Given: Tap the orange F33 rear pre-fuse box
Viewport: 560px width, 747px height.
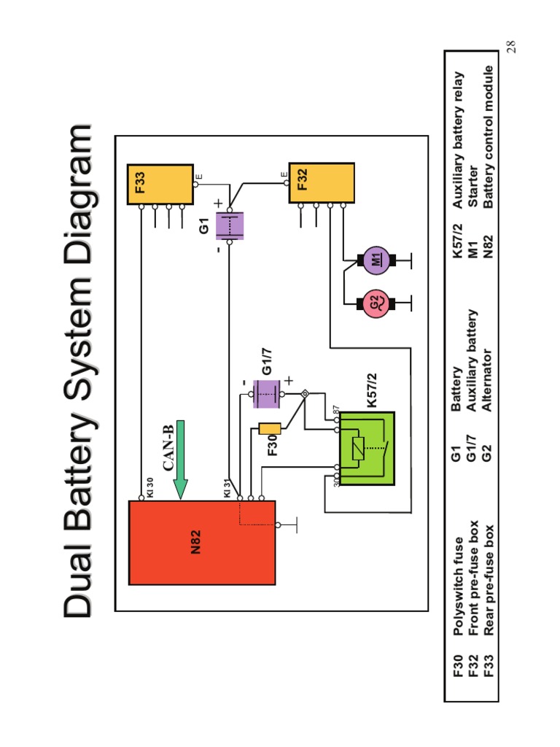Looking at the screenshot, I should point(160,184).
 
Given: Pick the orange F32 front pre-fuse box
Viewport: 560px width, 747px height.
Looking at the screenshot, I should point(322,184).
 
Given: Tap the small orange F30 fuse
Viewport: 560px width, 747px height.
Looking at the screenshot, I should point(270,429).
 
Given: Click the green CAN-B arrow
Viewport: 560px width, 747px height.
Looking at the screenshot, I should point(180,458).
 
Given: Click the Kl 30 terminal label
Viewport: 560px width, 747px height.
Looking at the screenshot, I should point(149,487).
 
